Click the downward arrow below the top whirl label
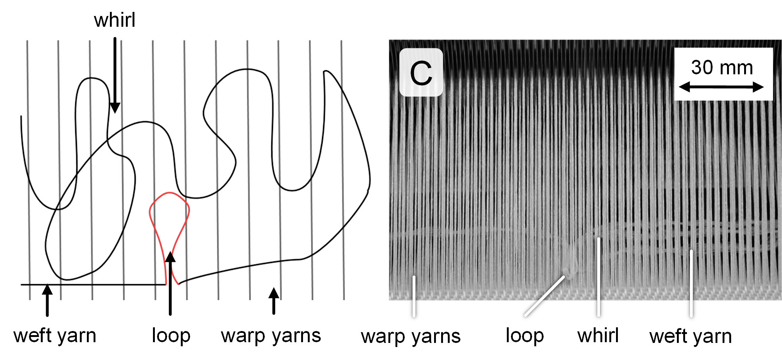tap(115, 74)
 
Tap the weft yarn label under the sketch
tap(55, 335)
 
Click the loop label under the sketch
tap(171, 335)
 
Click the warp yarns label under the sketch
tap(271, 335)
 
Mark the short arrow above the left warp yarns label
tap(274, 301)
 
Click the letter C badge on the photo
tap(421, 72)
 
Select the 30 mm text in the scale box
tap(722, 68)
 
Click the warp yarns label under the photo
tap(411, 336)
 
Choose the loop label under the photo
tap(524, 335)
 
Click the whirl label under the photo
tap(598, 335)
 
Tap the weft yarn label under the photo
tap(690, 336)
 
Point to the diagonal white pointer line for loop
tap(544, 296)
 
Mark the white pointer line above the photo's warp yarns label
tap(414, 297)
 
